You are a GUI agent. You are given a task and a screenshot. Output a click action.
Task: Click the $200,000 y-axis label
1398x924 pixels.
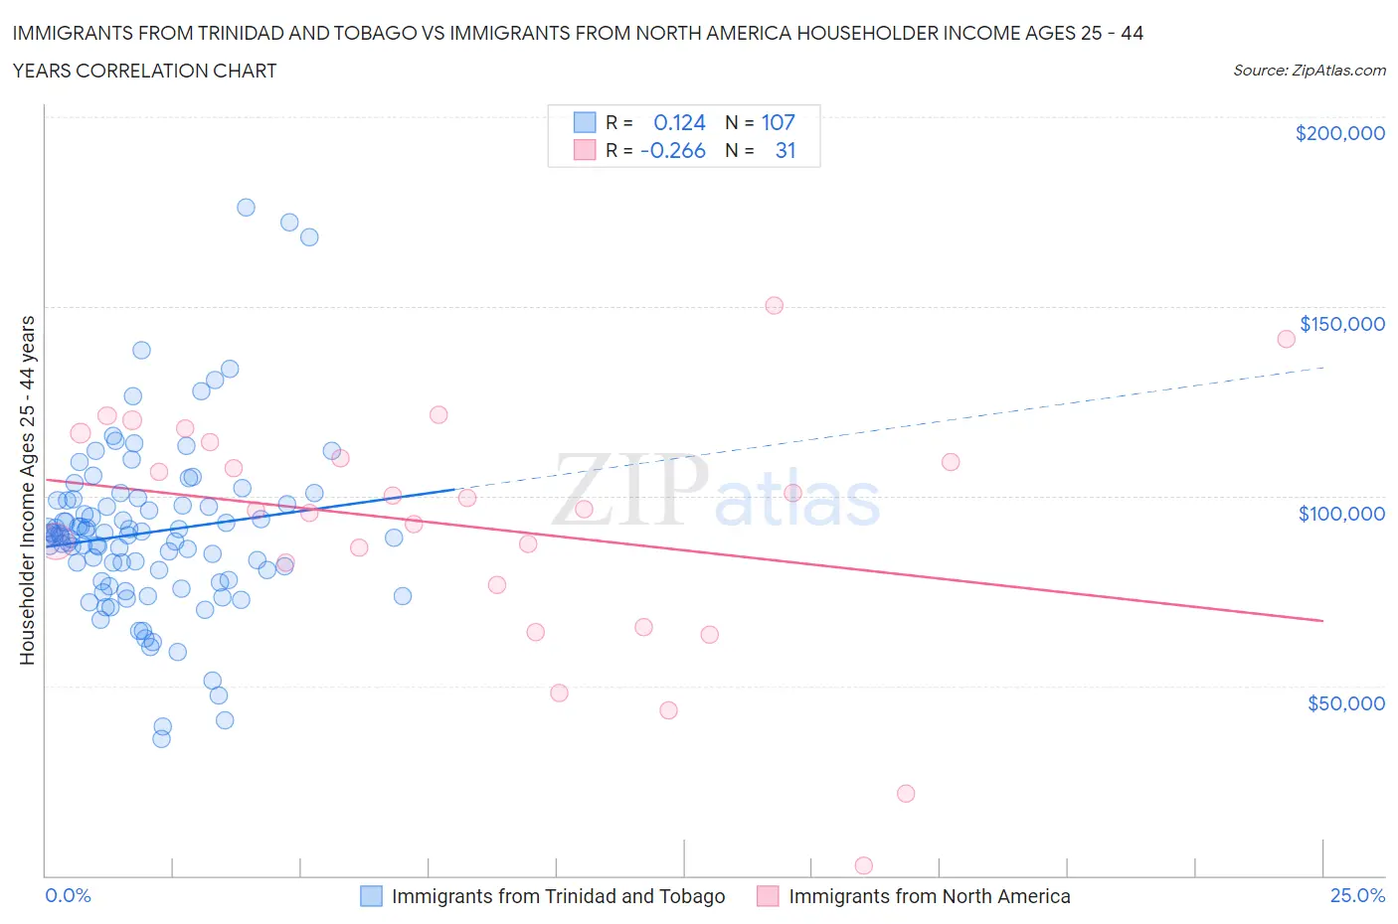(1339, 133)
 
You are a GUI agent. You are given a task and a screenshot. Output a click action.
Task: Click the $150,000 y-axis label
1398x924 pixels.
(1341, 324)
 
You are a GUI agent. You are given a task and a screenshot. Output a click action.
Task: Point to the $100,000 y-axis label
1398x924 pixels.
(1341, 514)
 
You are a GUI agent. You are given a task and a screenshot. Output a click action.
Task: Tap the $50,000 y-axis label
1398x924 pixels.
(1345, 703)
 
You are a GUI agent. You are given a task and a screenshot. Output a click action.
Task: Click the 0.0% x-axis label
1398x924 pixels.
(68, 896)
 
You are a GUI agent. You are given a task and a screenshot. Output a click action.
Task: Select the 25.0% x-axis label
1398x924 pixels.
(1357, 896)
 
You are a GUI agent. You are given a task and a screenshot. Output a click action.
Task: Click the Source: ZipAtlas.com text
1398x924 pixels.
(1309, 71)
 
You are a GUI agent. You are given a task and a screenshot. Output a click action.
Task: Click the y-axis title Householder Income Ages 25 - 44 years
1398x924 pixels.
(28, 490)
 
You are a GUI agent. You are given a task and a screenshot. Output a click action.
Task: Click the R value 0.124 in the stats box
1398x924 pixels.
(679, 123)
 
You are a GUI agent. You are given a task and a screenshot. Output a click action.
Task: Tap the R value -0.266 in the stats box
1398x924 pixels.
(673, 151)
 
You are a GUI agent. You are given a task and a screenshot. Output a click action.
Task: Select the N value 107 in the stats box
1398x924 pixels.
(778, 123)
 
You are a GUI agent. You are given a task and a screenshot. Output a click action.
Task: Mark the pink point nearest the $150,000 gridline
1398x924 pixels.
(775, 306)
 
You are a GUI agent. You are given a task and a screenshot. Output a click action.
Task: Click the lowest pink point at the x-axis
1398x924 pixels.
(864, 866)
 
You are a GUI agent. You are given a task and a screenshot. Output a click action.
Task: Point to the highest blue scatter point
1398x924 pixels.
(246, 208)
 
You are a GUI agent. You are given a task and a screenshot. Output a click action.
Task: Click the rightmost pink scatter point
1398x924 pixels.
(1286, 339)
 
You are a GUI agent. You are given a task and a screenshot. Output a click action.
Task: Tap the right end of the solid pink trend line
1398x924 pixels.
(1322, 620)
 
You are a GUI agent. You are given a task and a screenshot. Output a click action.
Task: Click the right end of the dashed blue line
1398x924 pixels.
(1324, 368)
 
